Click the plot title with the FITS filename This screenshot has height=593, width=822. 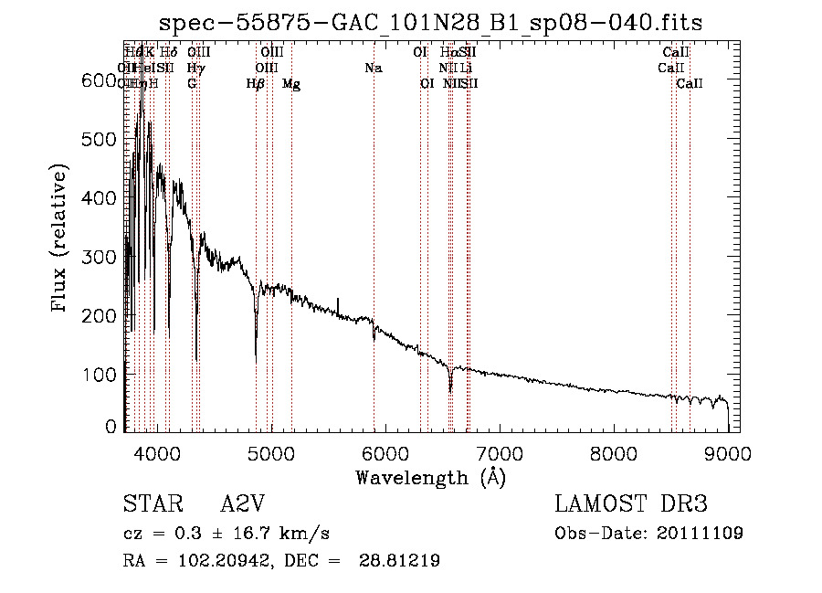[x=430, y=23]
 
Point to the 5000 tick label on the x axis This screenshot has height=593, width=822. [x=270, y=452]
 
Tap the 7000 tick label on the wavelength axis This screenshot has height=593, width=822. [x=499, y=452]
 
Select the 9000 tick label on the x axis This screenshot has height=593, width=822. [x=728, y=452]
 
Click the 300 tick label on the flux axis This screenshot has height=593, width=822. [x=99, y=257]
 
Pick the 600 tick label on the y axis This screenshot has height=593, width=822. [x=99, y=80]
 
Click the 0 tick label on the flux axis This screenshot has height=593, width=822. [x=111, y=427]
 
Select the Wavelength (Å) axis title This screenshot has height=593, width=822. [x=430, y=477]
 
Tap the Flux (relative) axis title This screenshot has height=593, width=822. [x=60, y=239]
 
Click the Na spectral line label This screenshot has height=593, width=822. [x=373, y=69]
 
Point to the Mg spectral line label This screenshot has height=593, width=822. [x=291, y=84]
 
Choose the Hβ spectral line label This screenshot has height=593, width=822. [x=256, y=84]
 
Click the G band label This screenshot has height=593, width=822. [x=192, y=84]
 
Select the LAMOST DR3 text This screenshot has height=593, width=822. [x=630, y=504]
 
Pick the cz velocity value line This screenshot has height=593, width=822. [x=226, y=534]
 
